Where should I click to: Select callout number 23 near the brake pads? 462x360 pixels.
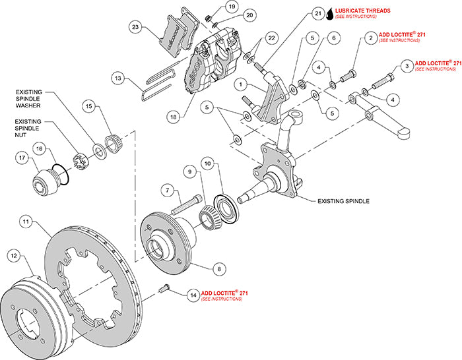click(x=136, y=28)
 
